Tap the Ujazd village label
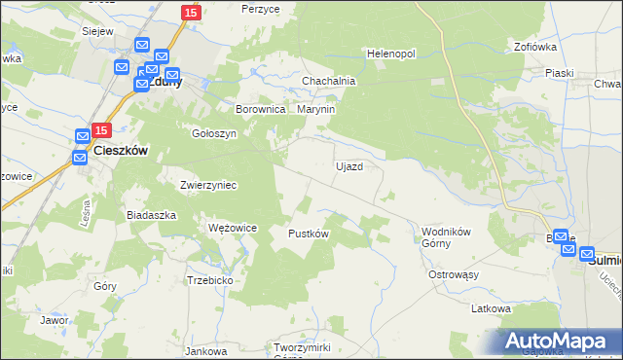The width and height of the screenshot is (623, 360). coord(349,166)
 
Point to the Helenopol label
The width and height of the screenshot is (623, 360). coord(390,53)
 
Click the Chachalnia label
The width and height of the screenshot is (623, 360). coord(328,81)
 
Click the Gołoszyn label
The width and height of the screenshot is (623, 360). coord(214,133)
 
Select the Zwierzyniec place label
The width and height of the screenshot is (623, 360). coord(208,184)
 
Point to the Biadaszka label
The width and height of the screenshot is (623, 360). coord(151,214)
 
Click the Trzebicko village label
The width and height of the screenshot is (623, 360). coord(209,279)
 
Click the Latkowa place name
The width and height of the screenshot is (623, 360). coord(491,308)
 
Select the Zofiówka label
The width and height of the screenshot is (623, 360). coord(534,46)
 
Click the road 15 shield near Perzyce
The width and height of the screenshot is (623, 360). coord(191,13)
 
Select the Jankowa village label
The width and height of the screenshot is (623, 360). coord(205,350)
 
